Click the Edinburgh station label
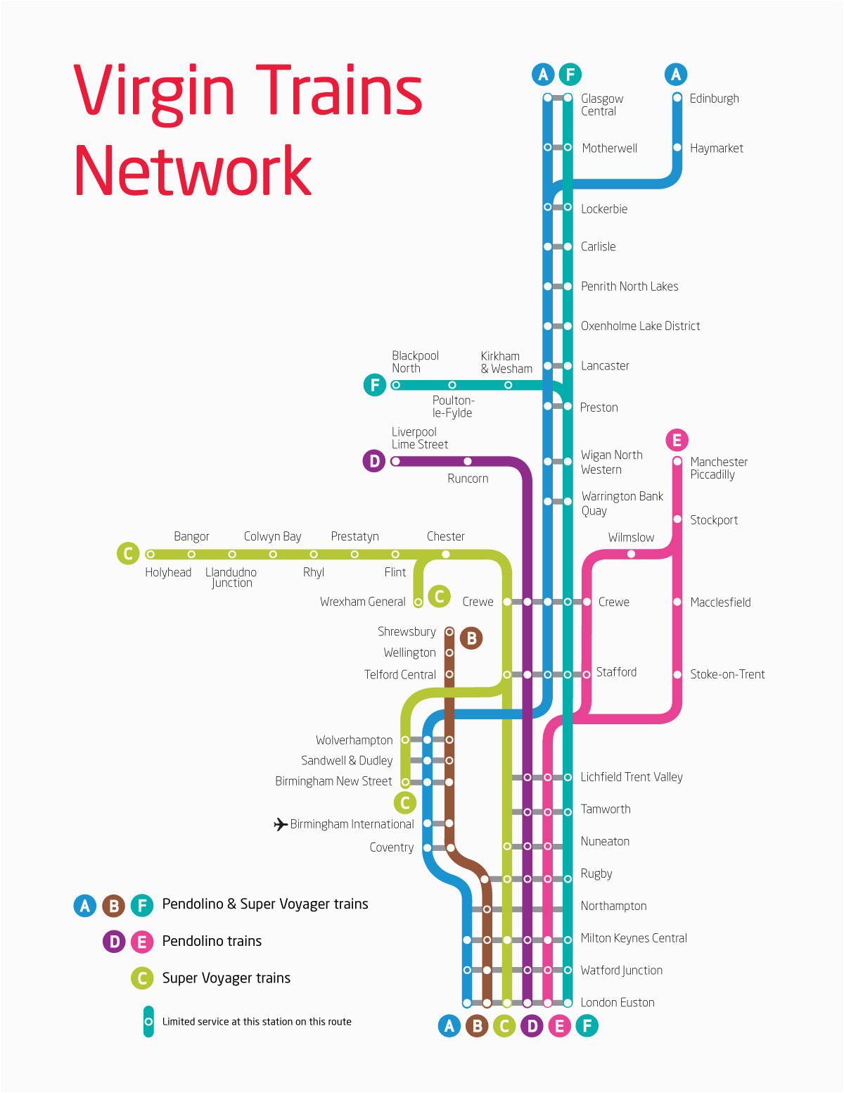pos(714,99)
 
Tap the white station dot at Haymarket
pos(677,147)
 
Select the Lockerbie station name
pos(603,209)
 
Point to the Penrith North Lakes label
pos(629,286)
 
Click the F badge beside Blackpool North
pos(374,385)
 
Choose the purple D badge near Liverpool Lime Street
pos(374,461)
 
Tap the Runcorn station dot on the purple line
pos(468,461)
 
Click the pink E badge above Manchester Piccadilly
pos(677,440)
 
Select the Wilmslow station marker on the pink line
pos(631,554)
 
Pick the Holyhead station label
pos(168,572)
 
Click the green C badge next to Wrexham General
pos(439,596)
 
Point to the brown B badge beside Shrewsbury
pos(471,638)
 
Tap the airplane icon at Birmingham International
pos(281,824)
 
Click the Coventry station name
pos(392,847)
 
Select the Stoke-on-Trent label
pos(727,674)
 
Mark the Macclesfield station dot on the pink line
pos(677,602)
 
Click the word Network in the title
pos(193,170)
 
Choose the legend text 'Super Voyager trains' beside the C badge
pos(226,978)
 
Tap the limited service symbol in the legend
pos(148,1022)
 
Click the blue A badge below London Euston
pos(449,1025)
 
